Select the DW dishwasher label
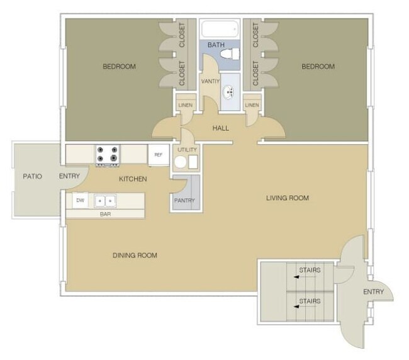tap(80, 201)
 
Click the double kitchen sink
tap(104, 201)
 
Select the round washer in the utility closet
tap(181, 162)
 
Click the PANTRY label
tap(185, 201)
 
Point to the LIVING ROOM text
tap(288, 198)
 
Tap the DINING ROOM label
tap(135, 255)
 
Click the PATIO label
tap(32, 176)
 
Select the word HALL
tap(220, 128)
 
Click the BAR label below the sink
tap(104, 214)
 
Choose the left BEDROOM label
tap(120, 66)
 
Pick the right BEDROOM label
tap(318, 66)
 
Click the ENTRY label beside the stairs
tap(373, 291)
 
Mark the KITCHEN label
tap(133, 179)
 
